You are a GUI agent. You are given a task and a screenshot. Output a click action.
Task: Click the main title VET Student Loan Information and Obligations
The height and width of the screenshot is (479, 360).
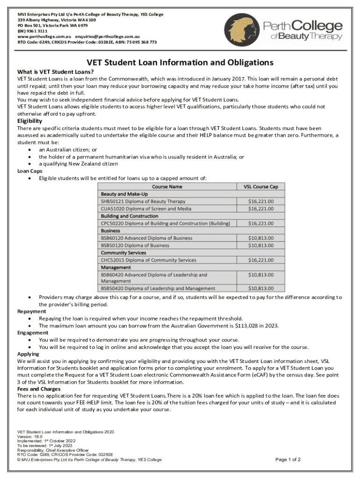point(180,63)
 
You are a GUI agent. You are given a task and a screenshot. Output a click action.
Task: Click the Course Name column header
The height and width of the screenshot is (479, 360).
point(167,187)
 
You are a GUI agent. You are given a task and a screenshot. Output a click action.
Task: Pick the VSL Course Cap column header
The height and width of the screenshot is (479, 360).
point(260,187)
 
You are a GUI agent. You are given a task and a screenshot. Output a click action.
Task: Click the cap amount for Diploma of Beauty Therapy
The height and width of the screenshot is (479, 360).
point(260,201)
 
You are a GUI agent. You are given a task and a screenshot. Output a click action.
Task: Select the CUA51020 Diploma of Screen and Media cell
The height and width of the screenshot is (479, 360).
point(146,209)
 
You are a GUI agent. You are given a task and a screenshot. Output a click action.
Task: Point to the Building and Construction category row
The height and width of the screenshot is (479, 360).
point(130,216)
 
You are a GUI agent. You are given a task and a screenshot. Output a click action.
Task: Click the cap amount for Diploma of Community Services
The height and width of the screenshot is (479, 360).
point(260,260)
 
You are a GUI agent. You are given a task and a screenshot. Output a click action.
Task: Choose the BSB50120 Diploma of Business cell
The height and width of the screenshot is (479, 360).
point(135,245)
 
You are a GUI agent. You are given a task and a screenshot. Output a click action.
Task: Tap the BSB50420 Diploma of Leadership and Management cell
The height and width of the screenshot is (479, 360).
point(158,289)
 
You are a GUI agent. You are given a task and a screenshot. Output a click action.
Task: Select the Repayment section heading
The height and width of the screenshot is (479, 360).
point(32,312)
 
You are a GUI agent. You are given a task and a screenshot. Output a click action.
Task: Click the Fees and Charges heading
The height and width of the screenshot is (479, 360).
point(39,389)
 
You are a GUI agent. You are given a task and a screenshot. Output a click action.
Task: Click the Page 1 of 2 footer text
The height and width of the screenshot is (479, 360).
point(288,460)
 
